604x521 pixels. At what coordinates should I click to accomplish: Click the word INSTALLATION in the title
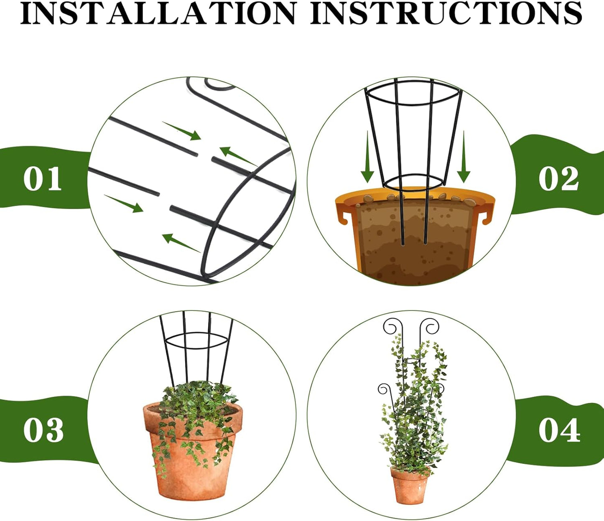[159, 13]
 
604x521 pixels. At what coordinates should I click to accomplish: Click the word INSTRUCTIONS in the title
[446, 13]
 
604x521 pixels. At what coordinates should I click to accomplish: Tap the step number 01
[42, 179]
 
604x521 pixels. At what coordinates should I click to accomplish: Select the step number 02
[558, 179]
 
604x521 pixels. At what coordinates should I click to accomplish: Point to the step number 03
[43, 430]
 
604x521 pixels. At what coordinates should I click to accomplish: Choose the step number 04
[559, 430]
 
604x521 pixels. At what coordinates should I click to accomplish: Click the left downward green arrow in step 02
[367, 159]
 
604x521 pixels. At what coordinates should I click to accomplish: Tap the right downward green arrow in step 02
[463, 159]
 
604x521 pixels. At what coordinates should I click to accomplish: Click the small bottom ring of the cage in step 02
[413, 183]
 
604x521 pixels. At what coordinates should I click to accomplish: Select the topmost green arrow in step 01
[181, 130]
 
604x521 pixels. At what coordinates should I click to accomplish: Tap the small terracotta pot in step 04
[410, 487]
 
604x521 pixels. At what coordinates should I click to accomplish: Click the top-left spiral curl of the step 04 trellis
[390, 327]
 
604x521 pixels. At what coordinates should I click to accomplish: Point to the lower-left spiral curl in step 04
[383, 389]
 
